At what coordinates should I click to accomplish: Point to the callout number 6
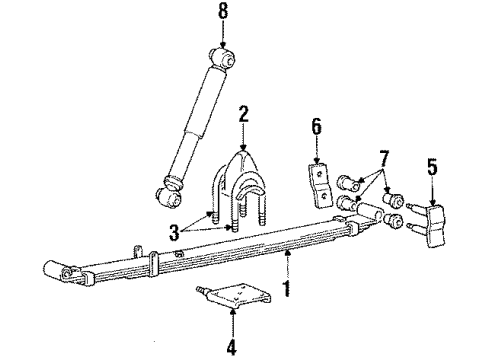318,128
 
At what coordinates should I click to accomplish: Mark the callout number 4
231,349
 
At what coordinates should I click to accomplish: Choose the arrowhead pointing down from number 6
318,158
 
